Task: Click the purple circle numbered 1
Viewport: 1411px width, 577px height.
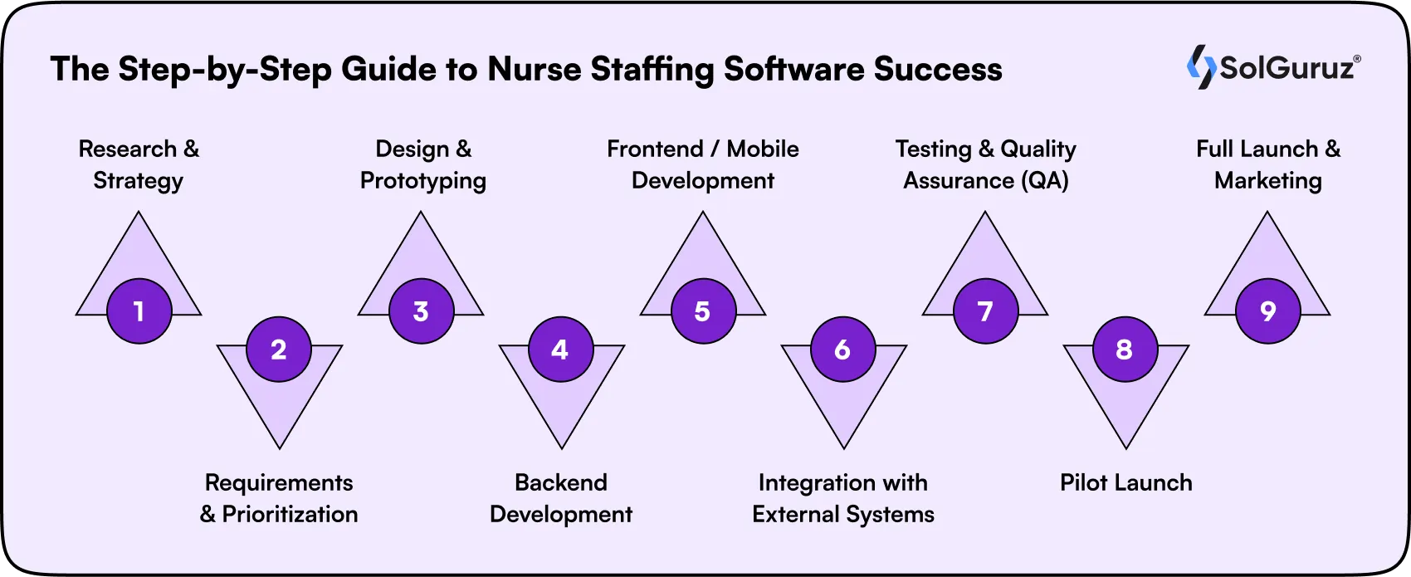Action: pos(139,311)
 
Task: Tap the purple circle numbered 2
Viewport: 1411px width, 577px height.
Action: pos(279,350)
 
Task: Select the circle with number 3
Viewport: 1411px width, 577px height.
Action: pos(421,311)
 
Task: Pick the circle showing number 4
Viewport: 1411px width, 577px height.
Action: pos(560,350)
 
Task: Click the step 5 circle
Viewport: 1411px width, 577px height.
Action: pos(703,311)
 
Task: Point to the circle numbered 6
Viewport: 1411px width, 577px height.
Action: pos(842,350)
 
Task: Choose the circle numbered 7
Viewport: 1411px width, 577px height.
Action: pos(985,311)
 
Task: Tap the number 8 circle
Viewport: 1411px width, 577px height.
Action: pos(1125,350)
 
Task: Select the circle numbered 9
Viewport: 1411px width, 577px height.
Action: pos(1267,311)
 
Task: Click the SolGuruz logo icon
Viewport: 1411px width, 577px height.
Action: pos(1200,67)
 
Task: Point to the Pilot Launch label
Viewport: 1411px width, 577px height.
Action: pos(1125,482)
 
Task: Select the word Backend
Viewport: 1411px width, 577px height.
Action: pos(561,482)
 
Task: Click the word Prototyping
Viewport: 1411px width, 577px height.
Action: pos(422,181)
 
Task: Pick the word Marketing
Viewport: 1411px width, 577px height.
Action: pos(1267,181)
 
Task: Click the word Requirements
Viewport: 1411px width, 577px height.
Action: pos(279,482)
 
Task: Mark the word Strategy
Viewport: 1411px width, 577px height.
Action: pos(138,181)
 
